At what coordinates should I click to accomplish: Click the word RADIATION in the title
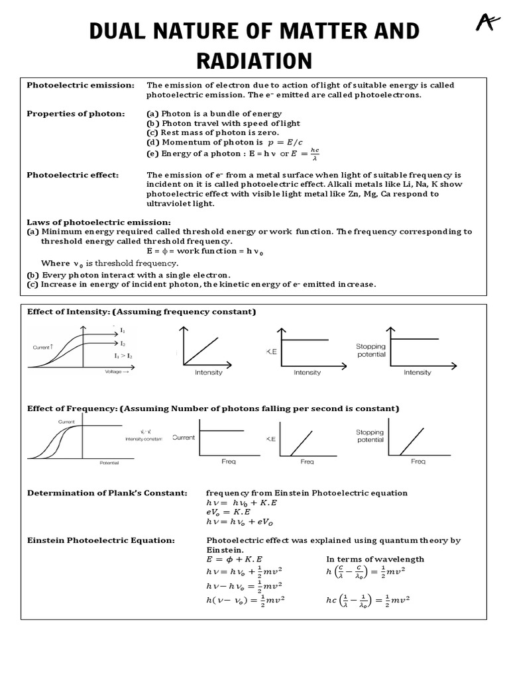tap(254, 60)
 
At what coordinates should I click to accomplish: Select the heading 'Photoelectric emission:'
tap(80, 85)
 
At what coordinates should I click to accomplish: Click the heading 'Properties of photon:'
tap(76, 113)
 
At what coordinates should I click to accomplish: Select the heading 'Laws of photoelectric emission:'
tap(98, 222)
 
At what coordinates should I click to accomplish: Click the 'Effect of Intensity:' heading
tap(68, 311)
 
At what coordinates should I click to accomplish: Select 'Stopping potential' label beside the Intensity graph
tap(370, 350)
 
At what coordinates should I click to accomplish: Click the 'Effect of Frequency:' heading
tap(71, 408)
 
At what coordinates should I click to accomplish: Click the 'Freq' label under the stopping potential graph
tap(418, 461)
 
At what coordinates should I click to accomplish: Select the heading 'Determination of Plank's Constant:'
tap(107, 493)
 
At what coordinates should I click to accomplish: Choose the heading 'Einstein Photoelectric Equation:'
tap(101, 540)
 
